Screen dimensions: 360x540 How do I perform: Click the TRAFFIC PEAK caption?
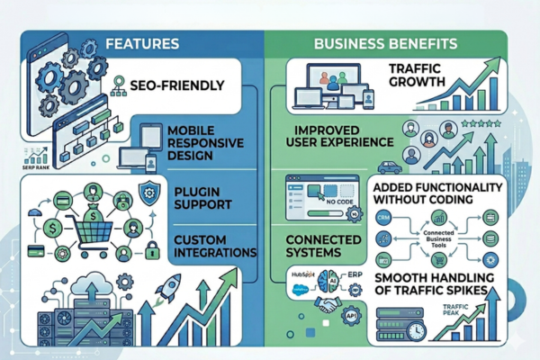pos(459,311)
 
